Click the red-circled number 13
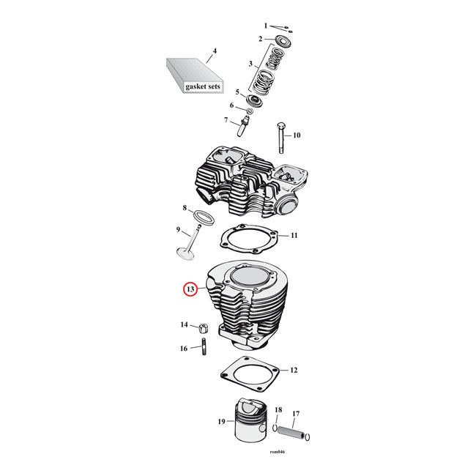point(190,290)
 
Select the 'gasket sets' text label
point(200,86)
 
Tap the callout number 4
point(215,51)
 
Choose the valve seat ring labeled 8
point(203,216)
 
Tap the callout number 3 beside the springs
point(250,64)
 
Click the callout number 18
point(278,410)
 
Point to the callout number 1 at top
point(266,26)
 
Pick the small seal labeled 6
point(249,111)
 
